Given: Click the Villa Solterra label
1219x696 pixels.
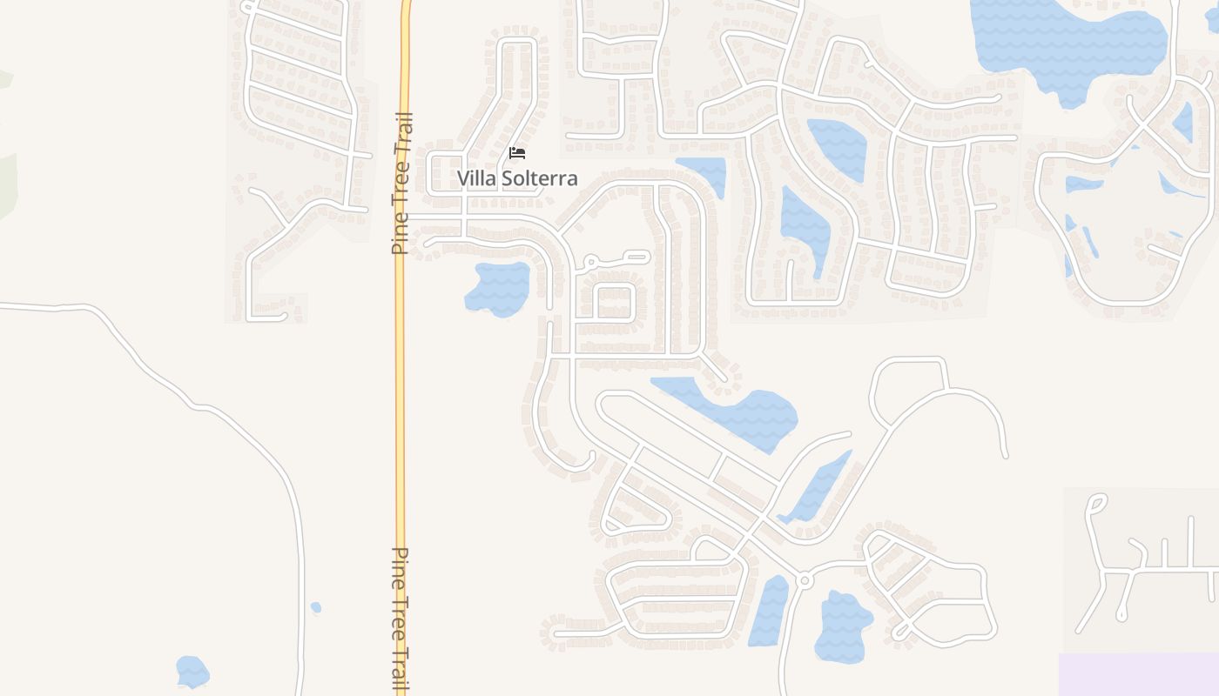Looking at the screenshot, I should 517,178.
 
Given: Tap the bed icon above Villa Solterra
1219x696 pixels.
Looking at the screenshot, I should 517,153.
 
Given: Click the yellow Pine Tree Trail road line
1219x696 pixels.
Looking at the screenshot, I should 401,391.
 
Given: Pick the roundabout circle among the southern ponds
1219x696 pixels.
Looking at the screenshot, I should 804,579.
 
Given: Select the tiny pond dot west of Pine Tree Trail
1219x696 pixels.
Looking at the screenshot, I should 316,607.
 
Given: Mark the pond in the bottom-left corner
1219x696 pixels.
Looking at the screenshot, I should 192,672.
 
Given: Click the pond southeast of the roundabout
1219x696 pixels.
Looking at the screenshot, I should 842,625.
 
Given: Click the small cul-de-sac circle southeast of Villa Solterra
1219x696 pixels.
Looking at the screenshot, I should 590,261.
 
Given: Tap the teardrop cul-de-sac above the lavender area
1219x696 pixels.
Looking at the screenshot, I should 1097,503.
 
